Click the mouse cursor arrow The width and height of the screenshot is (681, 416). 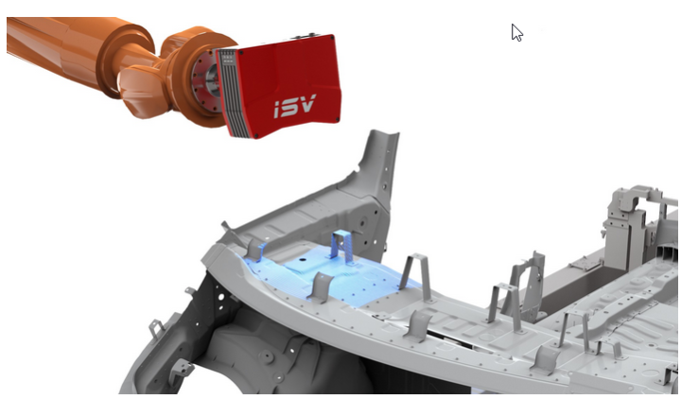[x=516, y=32]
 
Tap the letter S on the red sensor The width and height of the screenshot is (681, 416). [x=289, y=107]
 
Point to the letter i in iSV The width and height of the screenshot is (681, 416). [x=277, y=111]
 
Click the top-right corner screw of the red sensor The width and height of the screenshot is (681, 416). [x=333, y=38]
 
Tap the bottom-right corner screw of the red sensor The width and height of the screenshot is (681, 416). [x=338, y=119]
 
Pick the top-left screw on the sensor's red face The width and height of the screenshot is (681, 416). [x=241, y=53]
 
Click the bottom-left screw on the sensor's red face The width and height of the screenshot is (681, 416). [x=256, y=136]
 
